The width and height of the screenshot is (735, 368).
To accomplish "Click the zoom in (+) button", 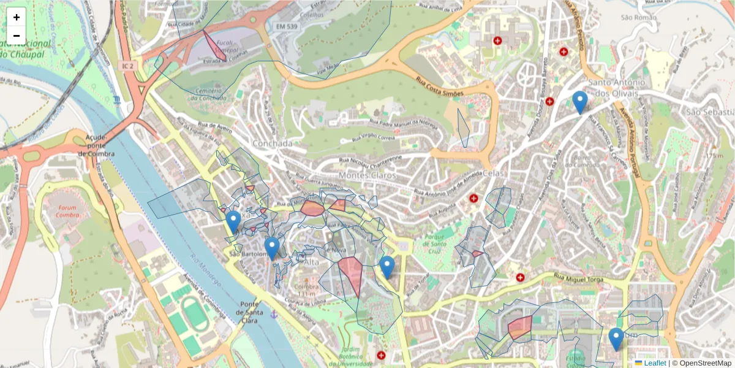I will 17,17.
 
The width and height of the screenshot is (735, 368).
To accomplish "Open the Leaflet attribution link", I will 655,363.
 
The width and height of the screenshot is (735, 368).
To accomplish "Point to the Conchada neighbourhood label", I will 272,143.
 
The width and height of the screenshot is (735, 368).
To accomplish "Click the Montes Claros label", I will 360,175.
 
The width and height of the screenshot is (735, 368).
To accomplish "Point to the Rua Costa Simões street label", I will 439,87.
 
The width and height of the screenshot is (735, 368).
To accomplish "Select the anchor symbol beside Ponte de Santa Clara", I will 274,314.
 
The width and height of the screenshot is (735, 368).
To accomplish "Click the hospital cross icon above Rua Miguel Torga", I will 521,277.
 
